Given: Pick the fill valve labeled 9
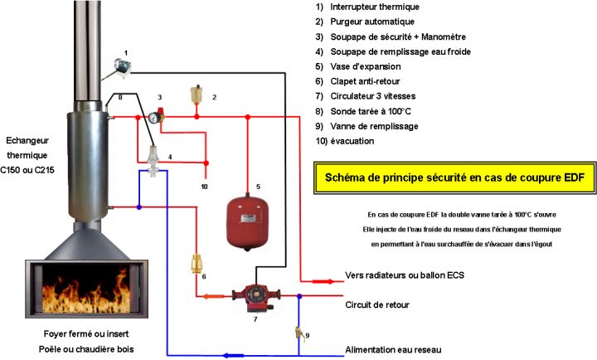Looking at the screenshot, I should [298, 334].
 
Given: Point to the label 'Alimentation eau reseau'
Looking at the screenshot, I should [394, 349].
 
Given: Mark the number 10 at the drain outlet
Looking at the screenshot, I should [204, 187].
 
